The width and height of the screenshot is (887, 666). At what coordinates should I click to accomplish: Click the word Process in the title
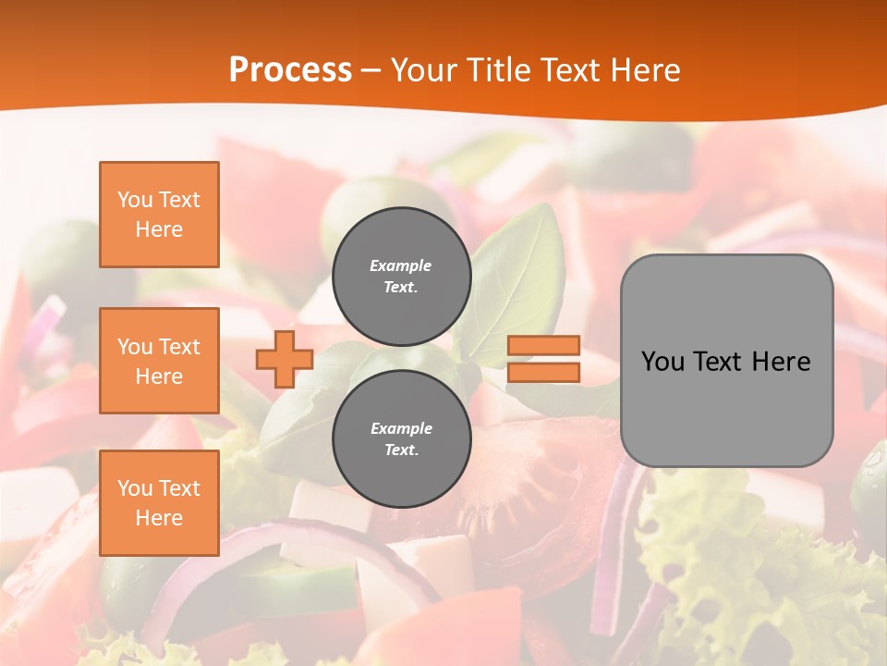point(290,70)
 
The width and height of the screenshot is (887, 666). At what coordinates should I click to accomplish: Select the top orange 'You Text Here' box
point(159,215)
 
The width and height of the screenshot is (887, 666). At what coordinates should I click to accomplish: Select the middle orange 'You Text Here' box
point(159,361)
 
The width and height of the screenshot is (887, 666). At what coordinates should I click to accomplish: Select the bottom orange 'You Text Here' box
point(159,503)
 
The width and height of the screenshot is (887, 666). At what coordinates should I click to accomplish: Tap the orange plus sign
point(285,359)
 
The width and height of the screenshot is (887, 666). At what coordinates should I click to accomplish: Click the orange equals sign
point(544,359)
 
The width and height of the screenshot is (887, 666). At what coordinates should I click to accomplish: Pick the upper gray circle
point(402,277)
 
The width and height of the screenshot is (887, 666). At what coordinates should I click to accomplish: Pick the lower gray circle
point(402,439)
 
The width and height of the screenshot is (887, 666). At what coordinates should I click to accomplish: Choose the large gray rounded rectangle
point(726,361)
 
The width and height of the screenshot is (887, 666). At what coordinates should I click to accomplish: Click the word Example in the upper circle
point(401,265)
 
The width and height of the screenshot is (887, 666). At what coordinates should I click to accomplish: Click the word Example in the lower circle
point(401,428)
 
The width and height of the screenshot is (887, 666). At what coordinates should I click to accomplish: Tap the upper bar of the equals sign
point(544,346)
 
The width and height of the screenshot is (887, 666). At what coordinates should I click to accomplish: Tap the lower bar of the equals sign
point(544,373)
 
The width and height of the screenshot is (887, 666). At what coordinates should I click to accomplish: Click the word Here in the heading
point(644,70)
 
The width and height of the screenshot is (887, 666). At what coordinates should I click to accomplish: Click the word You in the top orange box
point(134,200)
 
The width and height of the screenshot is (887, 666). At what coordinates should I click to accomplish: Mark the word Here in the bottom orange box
point(159,518)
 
